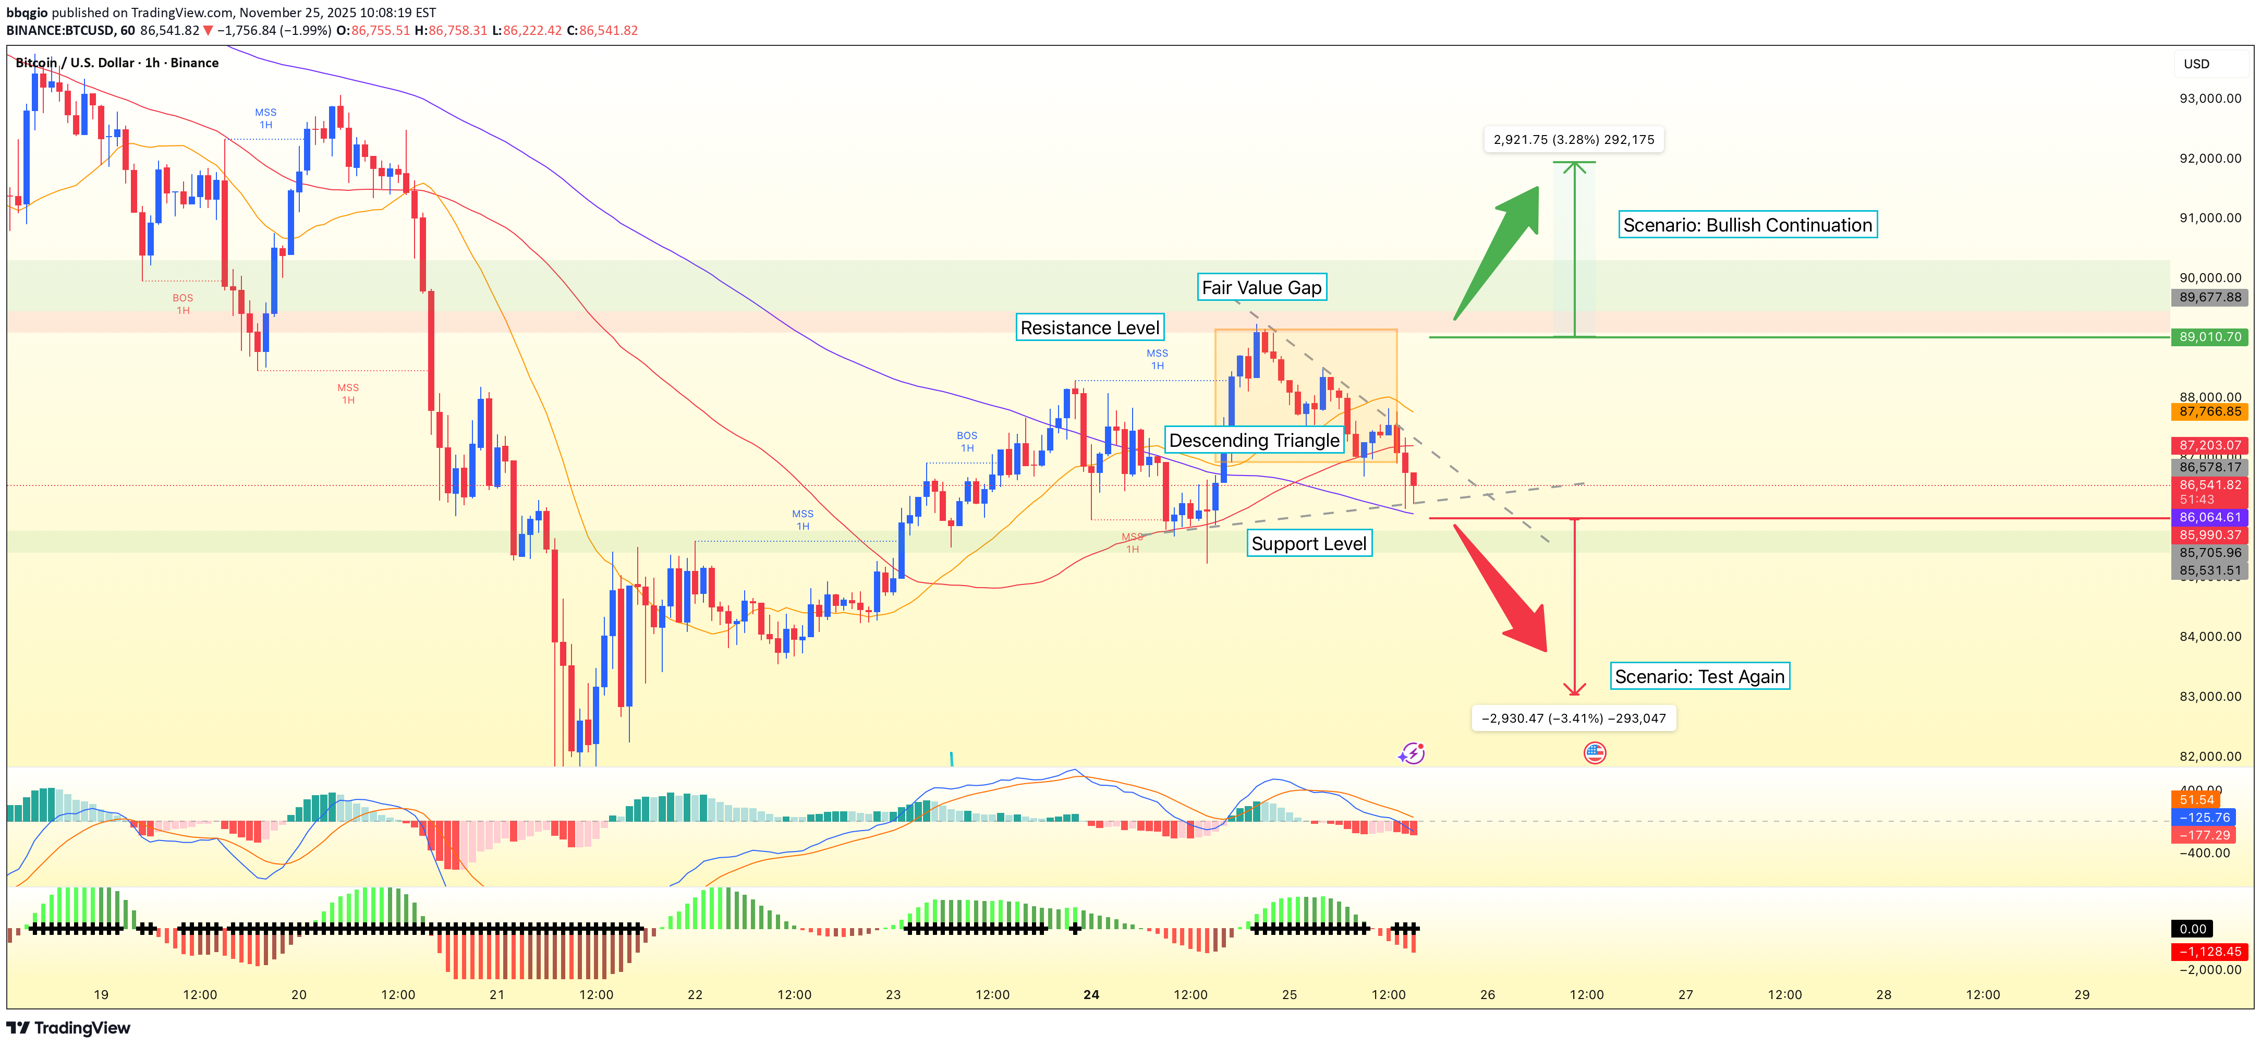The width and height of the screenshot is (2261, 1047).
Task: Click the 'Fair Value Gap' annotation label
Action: tap(1261, 288)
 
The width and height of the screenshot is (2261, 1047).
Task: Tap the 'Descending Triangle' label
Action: tap(1254, 441)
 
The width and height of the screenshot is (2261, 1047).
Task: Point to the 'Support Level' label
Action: tap(1309, 544)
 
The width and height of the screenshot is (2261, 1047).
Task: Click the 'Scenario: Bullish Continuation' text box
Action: tap(1747, 226)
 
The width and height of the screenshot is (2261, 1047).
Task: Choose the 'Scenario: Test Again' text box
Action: tap(1699, 677)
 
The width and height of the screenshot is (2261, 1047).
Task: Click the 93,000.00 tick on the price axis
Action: tap(2209, 99)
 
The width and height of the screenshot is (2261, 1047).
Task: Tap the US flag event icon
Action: tap(1595, 753)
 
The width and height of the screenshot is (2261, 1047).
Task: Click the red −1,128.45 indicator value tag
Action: tap(2208, 952)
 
